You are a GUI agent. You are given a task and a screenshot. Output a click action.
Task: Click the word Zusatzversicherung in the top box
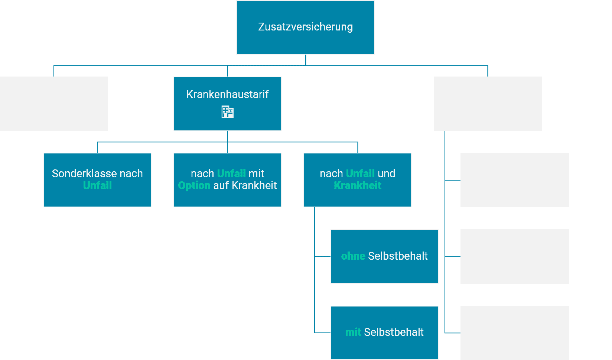click(x=306, y=27)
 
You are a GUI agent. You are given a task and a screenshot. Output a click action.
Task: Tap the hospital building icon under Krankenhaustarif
click(x=227, y=112)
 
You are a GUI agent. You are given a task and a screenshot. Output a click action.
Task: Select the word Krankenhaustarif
click(x=228, y=94)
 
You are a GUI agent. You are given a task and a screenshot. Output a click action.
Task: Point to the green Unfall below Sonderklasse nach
click(x=98, y=185)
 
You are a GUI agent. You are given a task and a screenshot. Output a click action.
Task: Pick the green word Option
click(x=194, y=186)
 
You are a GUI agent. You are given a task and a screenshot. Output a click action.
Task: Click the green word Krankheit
click(x=358, y=185)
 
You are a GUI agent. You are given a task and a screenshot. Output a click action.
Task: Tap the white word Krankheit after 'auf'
click(x=254, y=185)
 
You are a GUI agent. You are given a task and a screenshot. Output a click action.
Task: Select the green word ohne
click(x=353, y=256)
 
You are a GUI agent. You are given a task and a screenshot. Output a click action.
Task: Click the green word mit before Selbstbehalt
click(x=353, y=332)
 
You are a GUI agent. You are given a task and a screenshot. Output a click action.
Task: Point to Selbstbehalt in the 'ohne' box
click(x=398, y=256)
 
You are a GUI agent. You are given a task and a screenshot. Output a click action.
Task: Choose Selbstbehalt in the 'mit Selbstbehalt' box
click(x=394, y=332)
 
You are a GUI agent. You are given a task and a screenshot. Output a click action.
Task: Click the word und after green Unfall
click(x=386, y=173)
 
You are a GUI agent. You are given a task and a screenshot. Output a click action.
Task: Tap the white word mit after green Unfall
click(x=256, y=173)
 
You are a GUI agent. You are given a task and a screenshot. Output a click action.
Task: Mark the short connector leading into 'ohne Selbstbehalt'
click(x=323, y=256)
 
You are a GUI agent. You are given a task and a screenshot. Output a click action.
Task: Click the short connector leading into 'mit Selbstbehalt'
click(x=323, y=333)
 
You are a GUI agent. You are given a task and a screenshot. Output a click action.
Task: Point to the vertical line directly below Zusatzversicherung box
click(x=306, y=60)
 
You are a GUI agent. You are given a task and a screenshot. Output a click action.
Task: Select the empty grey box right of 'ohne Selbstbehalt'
click(x=514, y=256)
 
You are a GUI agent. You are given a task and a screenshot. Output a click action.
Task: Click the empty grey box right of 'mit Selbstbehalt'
click(x=514, y=333)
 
